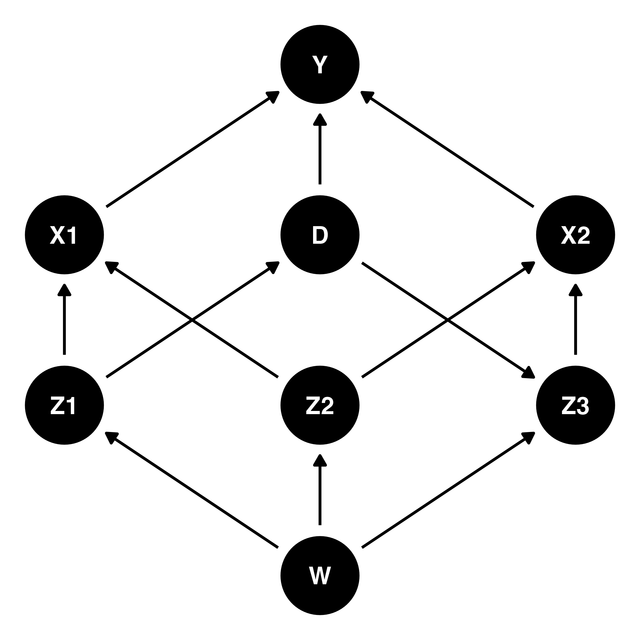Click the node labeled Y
[320, 64]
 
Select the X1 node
[64, 235]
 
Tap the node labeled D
[320, 235]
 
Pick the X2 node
[576, 235]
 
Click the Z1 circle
[64, 405]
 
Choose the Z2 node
[320, 405]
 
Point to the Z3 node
[576, 405]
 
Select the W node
[320, 576]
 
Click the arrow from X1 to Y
[193, 149]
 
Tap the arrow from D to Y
[320, 149]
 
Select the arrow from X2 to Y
[447, 149]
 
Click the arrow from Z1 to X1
[64, 319]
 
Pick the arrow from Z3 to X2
[576, 319]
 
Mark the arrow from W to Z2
[320, 490]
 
